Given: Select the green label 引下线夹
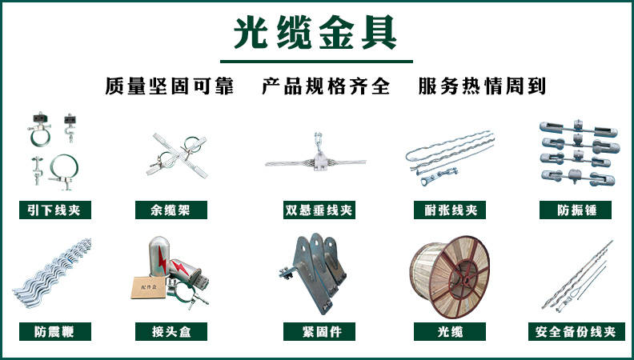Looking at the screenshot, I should (54, 210).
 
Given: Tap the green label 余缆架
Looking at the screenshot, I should (172, 210).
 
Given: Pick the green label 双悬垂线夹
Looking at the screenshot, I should (318, 210).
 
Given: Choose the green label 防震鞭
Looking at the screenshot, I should (54, 331).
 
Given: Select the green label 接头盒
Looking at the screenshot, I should (172, 331).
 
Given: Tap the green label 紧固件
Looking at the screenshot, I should (318, 331).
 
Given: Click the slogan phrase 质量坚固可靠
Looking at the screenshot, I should (169, 86).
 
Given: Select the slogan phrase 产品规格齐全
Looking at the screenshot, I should (325, 86).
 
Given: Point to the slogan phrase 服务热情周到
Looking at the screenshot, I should (482, 86).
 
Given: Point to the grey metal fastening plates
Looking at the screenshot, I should (319, 268).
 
